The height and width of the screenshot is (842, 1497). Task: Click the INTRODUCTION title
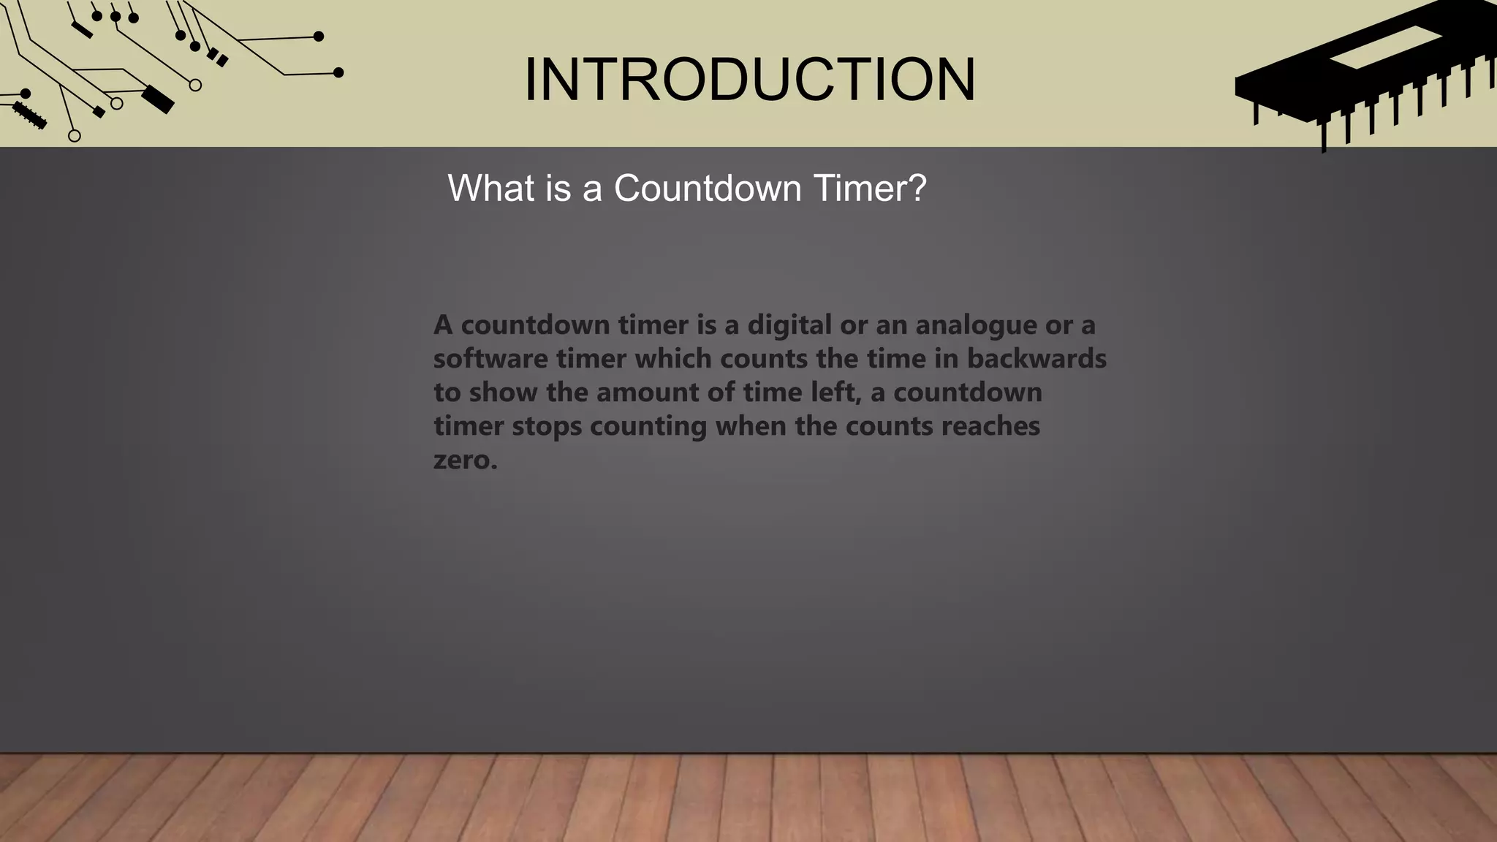click(x=750, y=80)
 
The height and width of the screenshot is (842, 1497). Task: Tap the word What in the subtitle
click(x=491, y=189)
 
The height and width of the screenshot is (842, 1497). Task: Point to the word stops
click(x=547, y=426)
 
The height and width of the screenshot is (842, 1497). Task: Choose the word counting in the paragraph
click(x=648, y=427)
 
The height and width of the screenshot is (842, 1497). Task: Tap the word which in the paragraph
click(x=673, y=359)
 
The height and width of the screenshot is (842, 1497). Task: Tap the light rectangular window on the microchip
click(x=1385, y=48)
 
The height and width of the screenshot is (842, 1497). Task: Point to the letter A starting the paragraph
click(x=443, y=325)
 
